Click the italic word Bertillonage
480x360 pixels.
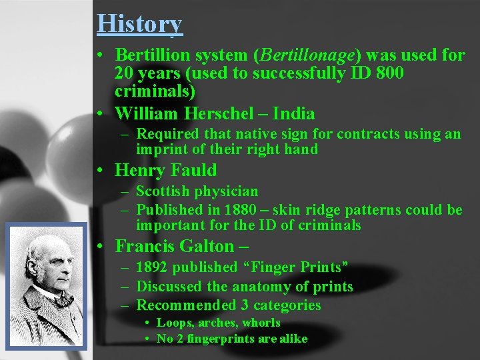tap(309, 55)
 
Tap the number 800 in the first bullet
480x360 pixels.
tap(389, 73)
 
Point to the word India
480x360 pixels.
tap(293, 113)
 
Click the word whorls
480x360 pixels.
tap(262, 323)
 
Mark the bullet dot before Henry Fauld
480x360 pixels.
tap(99, 171)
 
